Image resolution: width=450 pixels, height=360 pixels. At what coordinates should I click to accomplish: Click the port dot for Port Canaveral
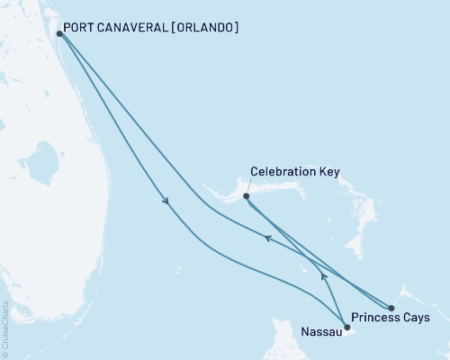[59, 34]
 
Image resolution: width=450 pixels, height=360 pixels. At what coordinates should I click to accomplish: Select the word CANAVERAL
[138, 28]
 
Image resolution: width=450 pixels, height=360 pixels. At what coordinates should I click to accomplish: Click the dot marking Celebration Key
[246, 195]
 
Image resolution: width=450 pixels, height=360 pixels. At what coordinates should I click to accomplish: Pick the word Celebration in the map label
[279, 171]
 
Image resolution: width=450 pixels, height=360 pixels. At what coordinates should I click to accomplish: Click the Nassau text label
[319, 330]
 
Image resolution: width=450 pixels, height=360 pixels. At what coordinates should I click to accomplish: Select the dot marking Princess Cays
[391, 308]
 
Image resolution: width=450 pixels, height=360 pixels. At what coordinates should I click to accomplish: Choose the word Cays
[415, 318]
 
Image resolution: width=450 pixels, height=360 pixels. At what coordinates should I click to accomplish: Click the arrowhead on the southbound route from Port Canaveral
[166, 202]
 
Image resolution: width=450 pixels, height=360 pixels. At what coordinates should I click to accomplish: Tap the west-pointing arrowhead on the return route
[266, 238]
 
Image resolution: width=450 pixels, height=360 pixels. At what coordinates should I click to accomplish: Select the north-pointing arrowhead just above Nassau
[323, 277]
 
